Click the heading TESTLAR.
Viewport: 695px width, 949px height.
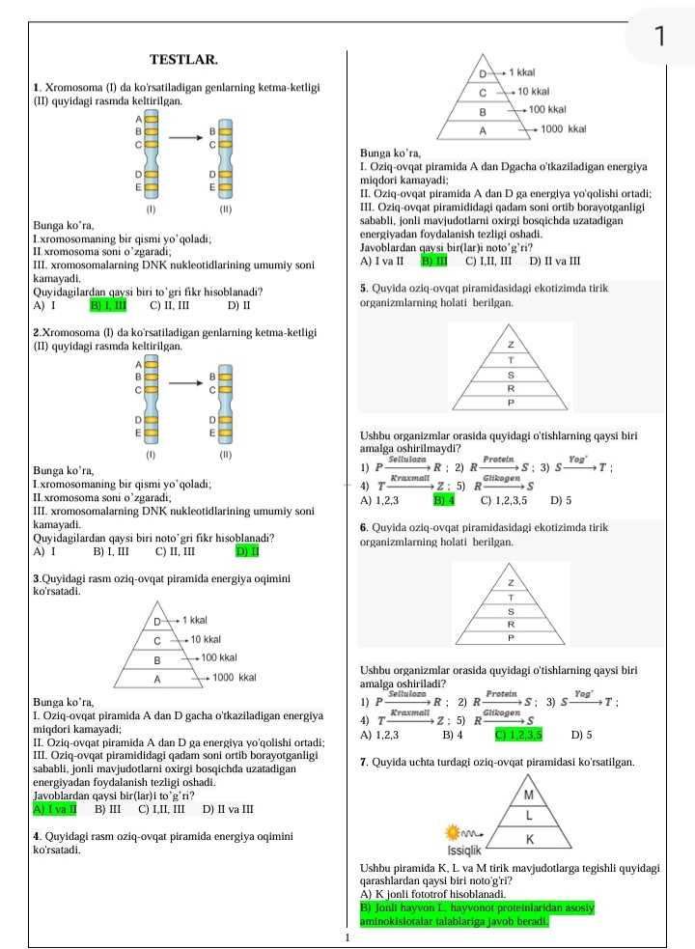[x=183, y=61]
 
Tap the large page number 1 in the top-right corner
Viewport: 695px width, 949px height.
[x=660, y=37]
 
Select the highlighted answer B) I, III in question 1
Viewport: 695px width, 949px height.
[x=109, y=306]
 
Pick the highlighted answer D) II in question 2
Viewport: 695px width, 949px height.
[x=246, y=552]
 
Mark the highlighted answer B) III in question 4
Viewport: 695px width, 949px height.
[x=434, y=261]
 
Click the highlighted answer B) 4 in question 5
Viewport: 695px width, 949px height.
[x=445, y=500]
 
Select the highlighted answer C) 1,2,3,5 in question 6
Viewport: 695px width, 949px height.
[x=519, y=734]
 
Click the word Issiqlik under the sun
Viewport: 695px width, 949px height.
[x=464, y=852]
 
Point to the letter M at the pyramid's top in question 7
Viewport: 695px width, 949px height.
[x=528, y=795]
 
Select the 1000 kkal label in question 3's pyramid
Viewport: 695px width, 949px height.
[x=233, y=679]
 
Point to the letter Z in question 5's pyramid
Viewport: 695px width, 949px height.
[x=511, y=344]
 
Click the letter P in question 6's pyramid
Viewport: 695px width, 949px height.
[x=511, y=638]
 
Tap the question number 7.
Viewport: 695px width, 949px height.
[x=361, y=762]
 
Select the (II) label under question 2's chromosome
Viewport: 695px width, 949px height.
[x=225, y=453]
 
